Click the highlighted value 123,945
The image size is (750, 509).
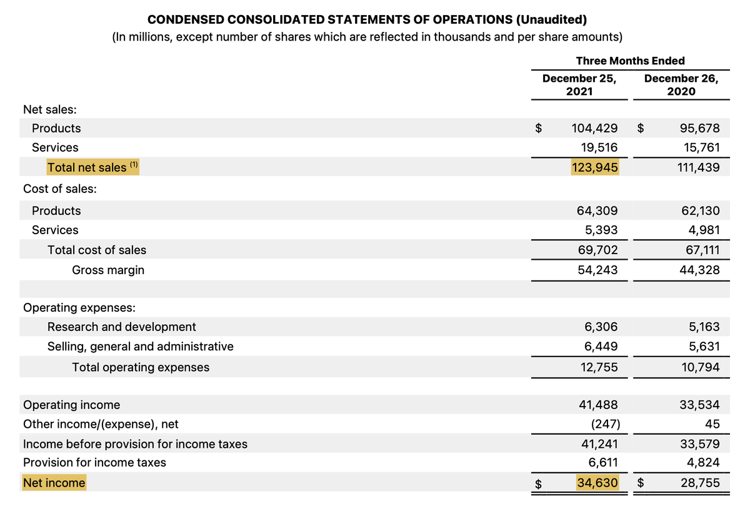tap(594, 167)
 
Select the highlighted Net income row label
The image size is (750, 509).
tap(54, 483)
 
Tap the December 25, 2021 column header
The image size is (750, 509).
tap(579, 85)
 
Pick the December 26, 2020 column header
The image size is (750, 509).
tap(681, 85)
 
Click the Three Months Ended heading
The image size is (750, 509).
tap(630, 61)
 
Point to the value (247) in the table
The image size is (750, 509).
tap(606, 424)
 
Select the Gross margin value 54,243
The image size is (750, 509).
tap(597, 270)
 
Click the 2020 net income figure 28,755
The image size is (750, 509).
tap(700, 483)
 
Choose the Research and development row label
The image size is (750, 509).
tap(121, 327)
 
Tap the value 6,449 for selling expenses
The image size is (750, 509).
tap(601, 346)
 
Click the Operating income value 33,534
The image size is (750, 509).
tap(699, 405)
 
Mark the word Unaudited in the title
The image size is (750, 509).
tap(551, 19)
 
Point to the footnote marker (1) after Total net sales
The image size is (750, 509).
tap(134, 164)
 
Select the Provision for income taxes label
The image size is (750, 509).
tap(94, 462)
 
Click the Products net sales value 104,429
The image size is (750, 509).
tap(594, 128)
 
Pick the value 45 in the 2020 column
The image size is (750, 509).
tap(712, 424)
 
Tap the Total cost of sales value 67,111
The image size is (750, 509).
tap(702, 250)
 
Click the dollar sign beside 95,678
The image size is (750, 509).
tap(640, 128)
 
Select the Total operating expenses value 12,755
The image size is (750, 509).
tap(599, 367)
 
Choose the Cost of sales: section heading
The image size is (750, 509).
tap(59, 189)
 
